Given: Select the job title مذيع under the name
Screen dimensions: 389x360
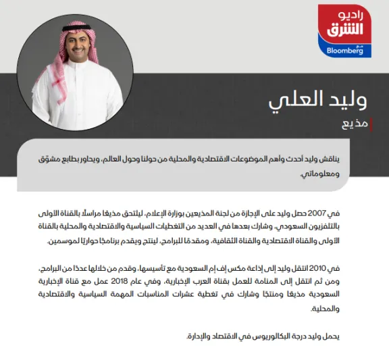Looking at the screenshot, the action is click(x=355, y=125).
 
